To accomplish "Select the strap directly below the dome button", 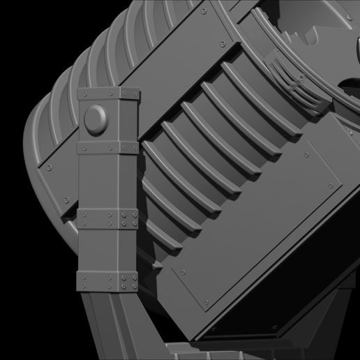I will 108,148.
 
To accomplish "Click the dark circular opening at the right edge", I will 350,84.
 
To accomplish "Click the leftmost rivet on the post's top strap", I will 83,93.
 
